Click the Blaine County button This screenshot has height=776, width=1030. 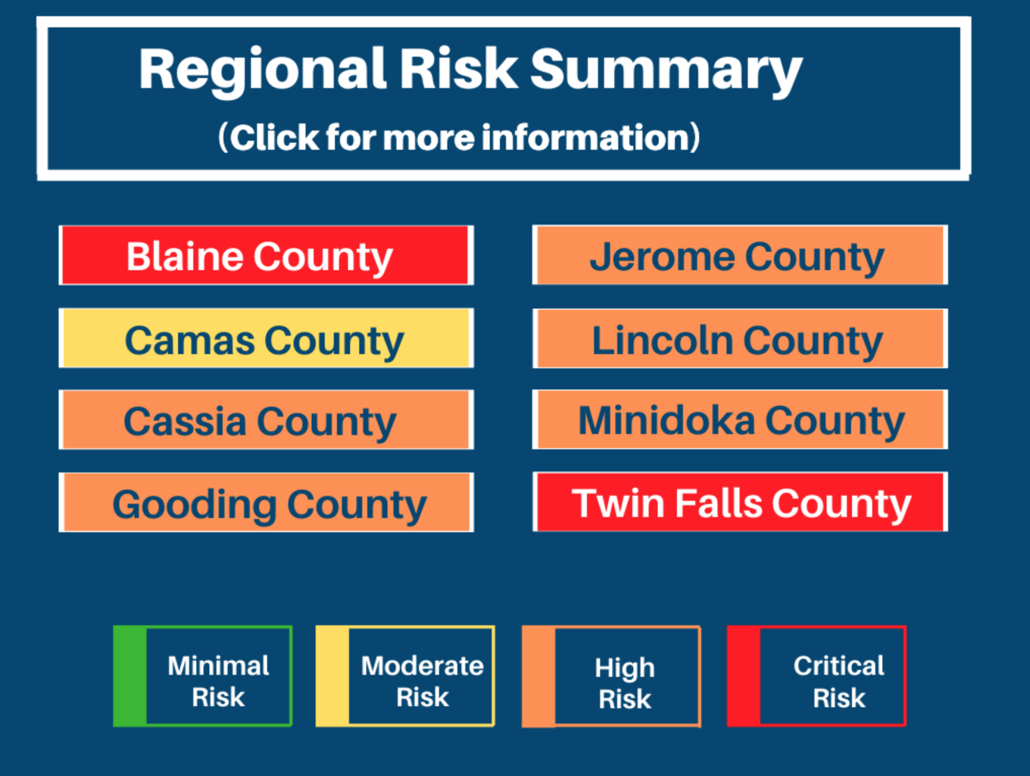pyautogui.click(x=266, y=256)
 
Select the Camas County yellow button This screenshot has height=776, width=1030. pyautogui.click(x=266, y=339)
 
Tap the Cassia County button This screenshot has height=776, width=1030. pyautogui.click(x=266, y=420)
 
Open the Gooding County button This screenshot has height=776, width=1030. pyautogui.click(x=266, y=503)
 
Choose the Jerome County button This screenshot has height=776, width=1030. pyautogui.click(x=739, y=255)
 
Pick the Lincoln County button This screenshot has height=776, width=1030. pyautogui.click(x=739, y=339)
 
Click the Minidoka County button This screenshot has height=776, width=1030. pyautogui.click(x=739, y=420)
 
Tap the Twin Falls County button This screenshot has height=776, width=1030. pyautogui.click(x=739, y=502)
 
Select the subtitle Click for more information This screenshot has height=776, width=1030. pyautogui.click(x=458, y=137)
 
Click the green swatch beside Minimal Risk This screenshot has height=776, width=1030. pyautogui.click(x=130, y=676)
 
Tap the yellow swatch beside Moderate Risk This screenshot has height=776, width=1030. pyautogui.click(x=332, y=676)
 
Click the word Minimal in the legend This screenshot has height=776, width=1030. pyautogui.click(x=218, y=665)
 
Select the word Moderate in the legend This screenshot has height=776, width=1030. pyautogui.click(x=422, y=665)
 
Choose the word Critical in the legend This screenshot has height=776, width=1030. pyautogui.click(x=839, y=665)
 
